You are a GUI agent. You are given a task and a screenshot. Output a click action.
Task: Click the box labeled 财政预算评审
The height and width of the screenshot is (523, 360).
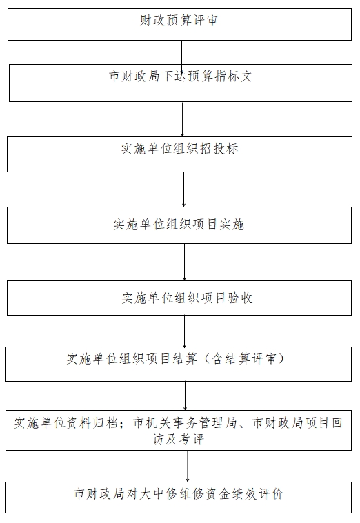180,24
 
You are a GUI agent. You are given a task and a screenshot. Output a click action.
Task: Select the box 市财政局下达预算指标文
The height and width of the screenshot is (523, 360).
181,83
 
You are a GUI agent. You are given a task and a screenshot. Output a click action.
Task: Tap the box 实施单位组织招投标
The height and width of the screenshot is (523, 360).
180,154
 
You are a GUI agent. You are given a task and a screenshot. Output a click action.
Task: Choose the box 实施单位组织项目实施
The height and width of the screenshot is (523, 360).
179,225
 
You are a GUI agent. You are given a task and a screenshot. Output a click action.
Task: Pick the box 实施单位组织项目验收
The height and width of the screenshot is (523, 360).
179,298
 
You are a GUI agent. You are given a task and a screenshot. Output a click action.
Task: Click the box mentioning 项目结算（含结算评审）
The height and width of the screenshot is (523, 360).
179,364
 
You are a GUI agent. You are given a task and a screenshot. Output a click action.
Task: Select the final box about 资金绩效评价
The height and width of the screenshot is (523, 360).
179,498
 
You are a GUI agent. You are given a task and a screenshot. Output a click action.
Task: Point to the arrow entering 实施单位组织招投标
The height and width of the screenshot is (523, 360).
182,119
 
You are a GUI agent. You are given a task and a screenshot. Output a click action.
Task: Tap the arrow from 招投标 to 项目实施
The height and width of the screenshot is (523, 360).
183,189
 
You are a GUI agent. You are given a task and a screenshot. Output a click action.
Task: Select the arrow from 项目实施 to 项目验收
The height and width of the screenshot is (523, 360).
184,262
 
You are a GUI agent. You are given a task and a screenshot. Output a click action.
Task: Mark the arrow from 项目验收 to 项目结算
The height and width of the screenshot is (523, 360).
184,331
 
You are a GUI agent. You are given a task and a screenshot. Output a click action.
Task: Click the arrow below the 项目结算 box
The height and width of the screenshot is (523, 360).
185,396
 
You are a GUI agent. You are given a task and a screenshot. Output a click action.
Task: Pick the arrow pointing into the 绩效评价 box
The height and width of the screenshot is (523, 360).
188,466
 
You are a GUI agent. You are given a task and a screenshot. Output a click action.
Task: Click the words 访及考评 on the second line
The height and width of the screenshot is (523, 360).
178,440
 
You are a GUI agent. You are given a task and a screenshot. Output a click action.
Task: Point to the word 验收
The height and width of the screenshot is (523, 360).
240,298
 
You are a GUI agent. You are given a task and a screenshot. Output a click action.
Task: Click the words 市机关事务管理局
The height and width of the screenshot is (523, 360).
185,423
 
